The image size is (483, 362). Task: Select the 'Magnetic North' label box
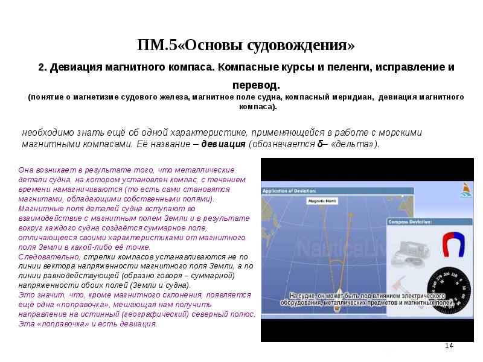(322, 201)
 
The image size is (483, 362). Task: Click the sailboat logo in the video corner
(465, 189)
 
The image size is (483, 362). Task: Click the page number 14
(449, 345)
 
